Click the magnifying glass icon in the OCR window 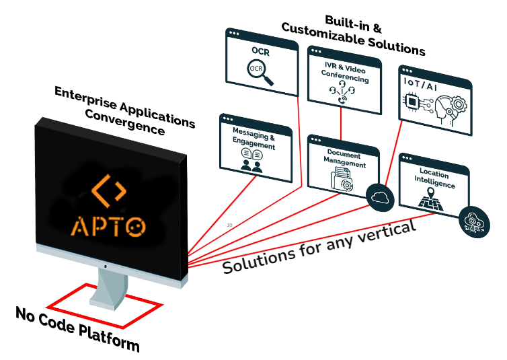[260, 73]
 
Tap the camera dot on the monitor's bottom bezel [105, 266]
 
